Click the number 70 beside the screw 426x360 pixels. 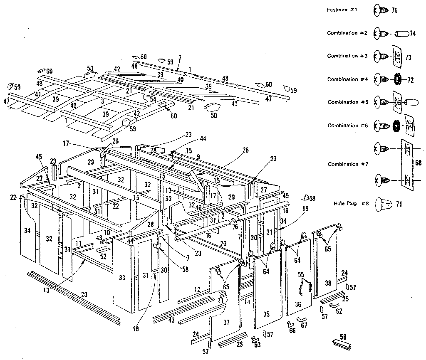[395, 10]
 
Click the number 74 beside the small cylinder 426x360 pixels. [413, 34]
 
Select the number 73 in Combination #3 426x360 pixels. [408, 57]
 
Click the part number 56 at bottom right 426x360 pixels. [343, 337]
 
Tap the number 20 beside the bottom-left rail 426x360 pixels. [84, 294]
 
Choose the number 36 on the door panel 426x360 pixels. [298, 304]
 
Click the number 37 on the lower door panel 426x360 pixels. [226, 323]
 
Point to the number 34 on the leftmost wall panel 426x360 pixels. [27, 229]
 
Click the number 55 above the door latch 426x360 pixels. [301, 275]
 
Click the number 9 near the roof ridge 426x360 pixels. [198, 157]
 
